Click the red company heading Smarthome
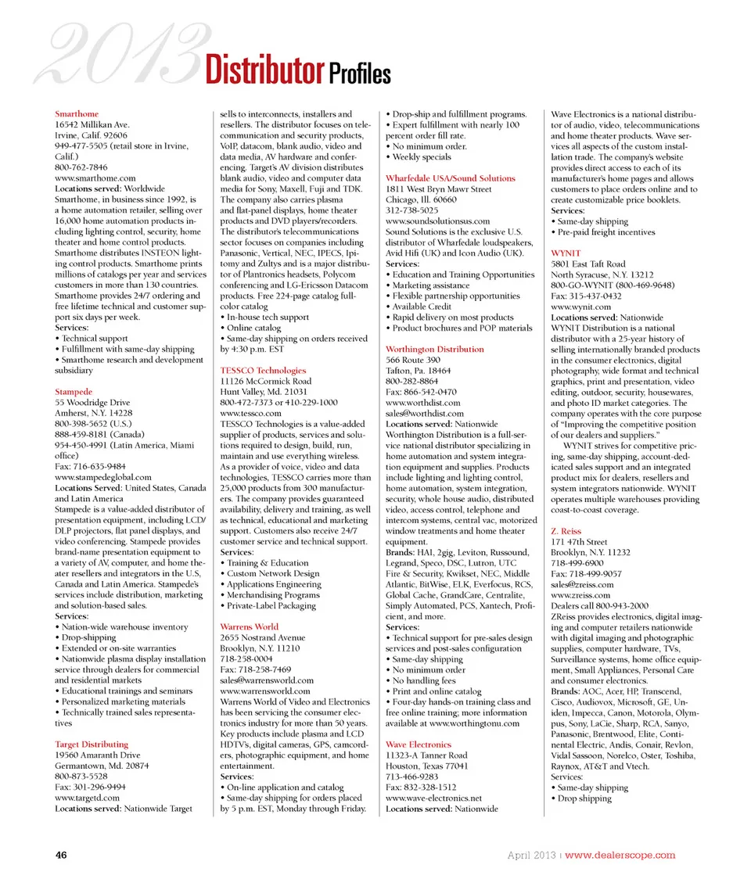pyautogui.click(x=77, y=114)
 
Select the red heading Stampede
pyautogui.click(x=74, y=390)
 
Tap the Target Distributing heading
pyautogui.click(x=92, y=744)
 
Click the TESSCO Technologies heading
pyautogui.click(x=263, y=370)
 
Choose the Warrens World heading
pyautogui.click(x=249, y=626)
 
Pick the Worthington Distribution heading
pyautogui.click(x=434, y=349)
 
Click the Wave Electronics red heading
pyautogui.click(x=419, y=744)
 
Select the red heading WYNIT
pyautogui.click(x=566, y=253)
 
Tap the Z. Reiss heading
pyautogui.click(x=566, y=531)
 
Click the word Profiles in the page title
pyautogui.click(x=359, y=74)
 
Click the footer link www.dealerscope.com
pyautogui.click(x=620, y=855)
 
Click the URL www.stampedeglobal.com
pyautogui.click(x=103, y=476)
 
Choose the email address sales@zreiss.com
pyautogui.click(x=582, y=584)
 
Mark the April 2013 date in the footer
pyautogui.click(x=531, y=855)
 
